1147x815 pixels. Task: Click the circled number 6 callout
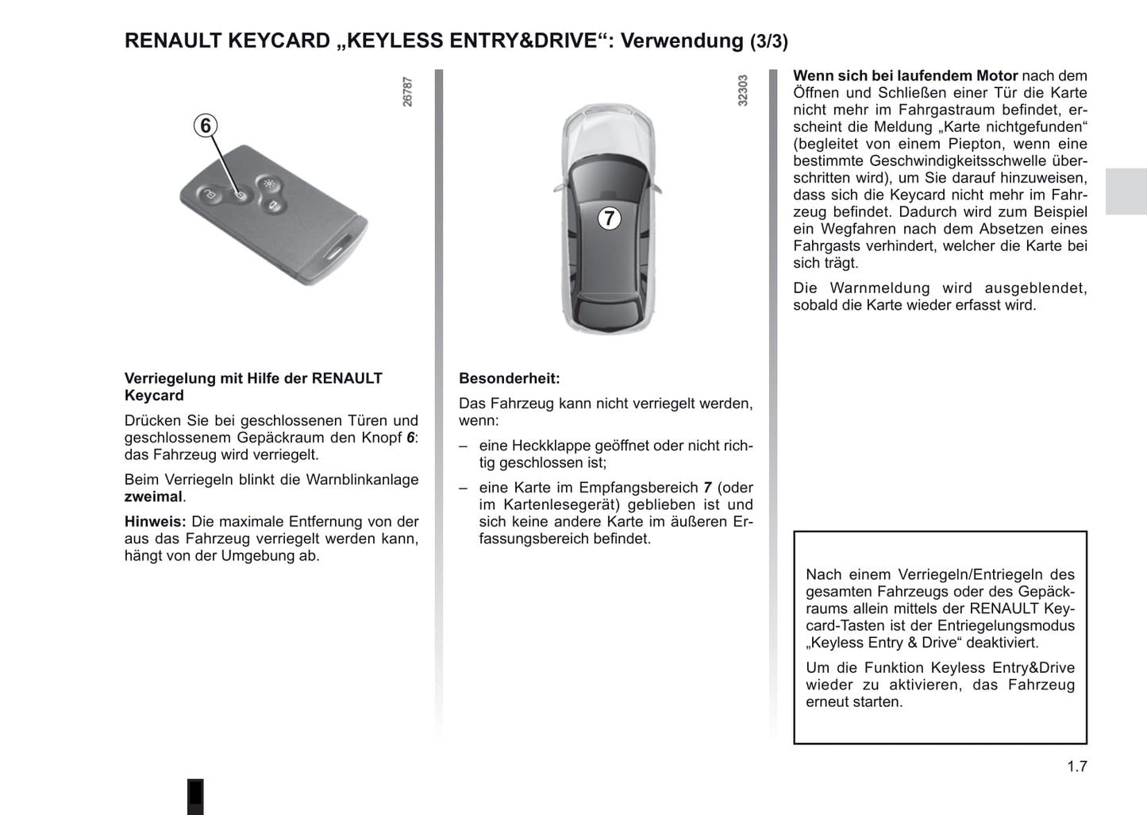pos(206,126)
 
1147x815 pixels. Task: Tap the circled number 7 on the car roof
pos(609,218)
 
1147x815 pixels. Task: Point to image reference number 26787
pos(408,92)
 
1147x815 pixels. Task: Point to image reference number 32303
pos(743,91)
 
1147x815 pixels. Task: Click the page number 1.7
pos(1076,767)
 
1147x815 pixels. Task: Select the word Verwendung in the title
pos(682,41)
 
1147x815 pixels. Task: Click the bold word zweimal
pos(153,497)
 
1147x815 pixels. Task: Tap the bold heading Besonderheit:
pos(509,379)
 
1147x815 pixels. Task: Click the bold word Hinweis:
pos(155,522)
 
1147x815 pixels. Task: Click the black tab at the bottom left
pos(195,796)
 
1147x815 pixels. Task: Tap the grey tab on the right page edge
pos(1126,191)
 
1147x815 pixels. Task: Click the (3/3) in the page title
pos(769,42)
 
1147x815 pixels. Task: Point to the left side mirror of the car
pos(558,187)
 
